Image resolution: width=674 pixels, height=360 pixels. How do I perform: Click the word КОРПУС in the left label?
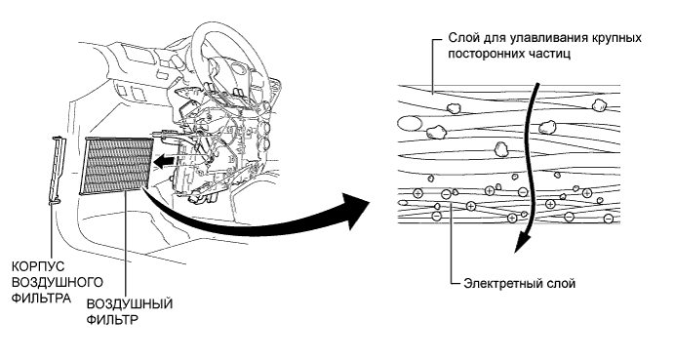click(38, 266)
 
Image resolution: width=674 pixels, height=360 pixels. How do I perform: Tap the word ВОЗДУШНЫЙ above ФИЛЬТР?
click(130, 304)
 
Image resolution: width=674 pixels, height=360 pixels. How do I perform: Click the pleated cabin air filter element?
click(116, 166)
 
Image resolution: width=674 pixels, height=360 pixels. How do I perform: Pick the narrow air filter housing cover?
click(56, 170)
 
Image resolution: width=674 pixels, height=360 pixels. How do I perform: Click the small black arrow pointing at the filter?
click(164, 162)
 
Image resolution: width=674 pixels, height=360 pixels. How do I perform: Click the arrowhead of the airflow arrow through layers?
click(522, 242)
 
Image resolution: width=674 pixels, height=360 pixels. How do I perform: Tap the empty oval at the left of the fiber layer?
click(410, 124)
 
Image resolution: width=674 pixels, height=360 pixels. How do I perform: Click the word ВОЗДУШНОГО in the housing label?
click(58, 282)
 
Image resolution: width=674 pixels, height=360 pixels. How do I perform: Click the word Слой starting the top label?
click(462, 38)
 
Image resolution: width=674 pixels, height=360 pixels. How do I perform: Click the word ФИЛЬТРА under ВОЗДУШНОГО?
click(41, 299)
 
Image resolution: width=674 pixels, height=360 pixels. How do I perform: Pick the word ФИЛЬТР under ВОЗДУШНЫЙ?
click(112, 320)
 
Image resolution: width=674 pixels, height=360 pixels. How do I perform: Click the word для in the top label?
click(493, 38)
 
